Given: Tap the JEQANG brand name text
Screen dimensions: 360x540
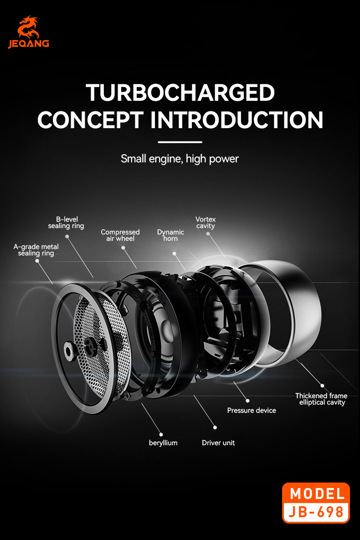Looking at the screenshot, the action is pyautogui.click(x=28, y=44).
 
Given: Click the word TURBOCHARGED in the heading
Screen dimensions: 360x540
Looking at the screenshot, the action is pyautogui.click(x=180, y=93).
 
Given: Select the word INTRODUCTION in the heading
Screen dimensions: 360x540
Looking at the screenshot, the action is pyautogui.click(x=237, y=119).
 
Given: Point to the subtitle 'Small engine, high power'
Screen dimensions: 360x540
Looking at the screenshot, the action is pyautogui.click(x=180, y=159).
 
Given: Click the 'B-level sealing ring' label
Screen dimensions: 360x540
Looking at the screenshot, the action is pyautogui.click(x=66, y=223).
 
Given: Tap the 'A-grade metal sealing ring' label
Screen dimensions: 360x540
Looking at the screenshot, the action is pyautogui.click(x=36, y=250).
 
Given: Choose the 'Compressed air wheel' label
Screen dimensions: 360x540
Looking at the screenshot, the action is pyautogui.click(x=120, y=235).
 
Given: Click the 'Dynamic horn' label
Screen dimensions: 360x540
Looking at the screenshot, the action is pyautogui.click(x=170, y=235).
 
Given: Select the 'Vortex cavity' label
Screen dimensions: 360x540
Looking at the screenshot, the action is pyautogui.click(x=206, y=223).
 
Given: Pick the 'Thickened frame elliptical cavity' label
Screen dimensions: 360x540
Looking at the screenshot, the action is pyautogui.click(x=321, y=399).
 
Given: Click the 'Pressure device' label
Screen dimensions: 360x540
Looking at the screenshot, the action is pyautogui.click(x=252, y=410).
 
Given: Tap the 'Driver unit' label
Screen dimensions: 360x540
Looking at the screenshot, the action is pyautogui.click(x=218, y=443).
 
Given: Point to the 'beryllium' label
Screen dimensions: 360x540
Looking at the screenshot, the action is pyautogui.click(x=163, y=443).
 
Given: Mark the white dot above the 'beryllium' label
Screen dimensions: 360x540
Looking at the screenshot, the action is pyautogui.click(x=161, y=434).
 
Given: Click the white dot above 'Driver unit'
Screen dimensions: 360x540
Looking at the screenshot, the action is pyautogui.click(x=216, y=427).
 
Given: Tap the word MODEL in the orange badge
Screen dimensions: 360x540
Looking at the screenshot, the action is pyautogui.click(x=317, y=493).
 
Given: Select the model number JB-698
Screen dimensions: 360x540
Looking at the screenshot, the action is pyautogui.click(x=317, y=512).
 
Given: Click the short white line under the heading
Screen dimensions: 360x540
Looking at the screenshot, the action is pyautogui.click(x=180, y=142).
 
